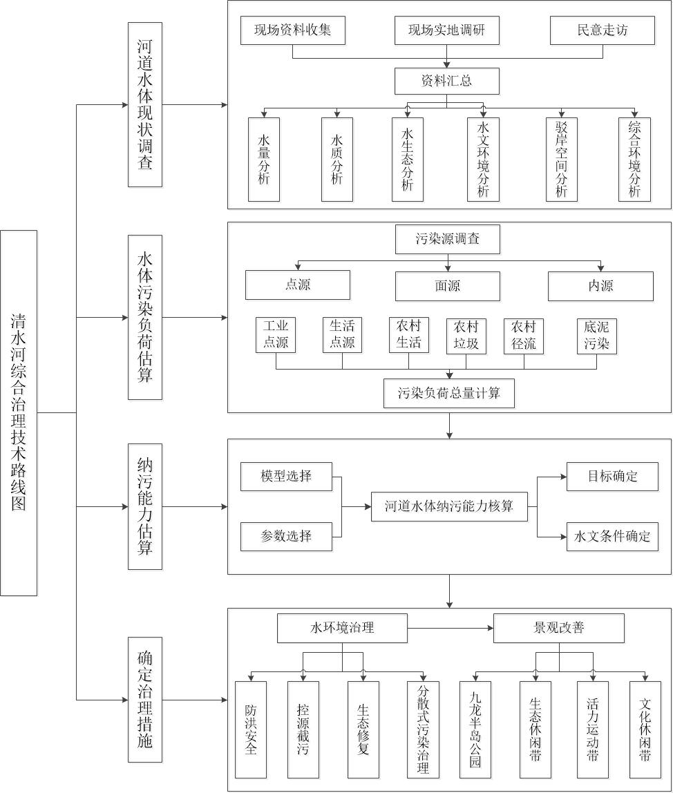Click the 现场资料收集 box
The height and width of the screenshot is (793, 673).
click(292, 30)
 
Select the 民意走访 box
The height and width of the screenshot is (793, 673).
click(602, 30)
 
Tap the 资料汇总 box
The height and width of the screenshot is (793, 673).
click(446, 81)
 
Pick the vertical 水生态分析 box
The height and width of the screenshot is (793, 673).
click(407, 160)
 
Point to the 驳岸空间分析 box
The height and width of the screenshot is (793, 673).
click(561, 160)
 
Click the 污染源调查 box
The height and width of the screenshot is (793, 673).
click(447, 240)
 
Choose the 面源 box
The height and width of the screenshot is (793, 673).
click(447, 285)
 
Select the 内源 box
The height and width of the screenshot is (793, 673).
click(600, 285)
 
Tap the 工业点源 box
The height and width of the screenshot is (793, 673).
click(276, 335)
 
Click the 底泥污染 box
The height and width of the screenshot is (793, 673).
click(597, 335)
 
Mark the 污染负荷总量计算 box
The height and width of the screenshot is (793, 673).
click(449, 394)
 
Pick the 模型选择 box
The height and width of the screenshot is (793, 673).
click(286, 477)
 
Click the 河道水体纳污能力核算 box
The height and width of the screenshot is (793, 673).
click(449, 506)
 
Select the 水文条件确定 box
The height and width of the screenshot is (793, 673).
click(612, 536)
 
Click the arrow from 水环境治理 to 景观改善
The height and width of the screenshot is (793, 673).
click(450, 628)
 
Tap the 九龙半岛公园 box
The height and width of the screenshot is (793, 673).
click(475, 729)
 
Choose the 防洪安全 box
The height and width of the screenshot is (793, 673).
click(250, 729)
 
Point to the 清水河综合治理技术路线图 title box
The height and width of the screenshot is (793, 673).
click(19, 413)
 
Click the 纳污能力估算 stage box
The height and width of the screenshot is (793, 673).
click(145, 506)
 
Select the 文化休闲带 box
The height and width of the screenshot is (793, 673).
click(645, 729)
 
